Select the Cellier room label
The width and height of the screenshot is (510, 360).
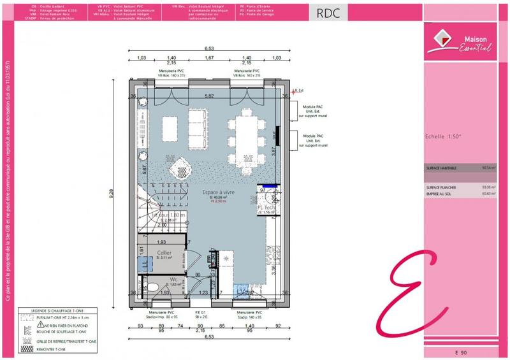click(x=164, y=254)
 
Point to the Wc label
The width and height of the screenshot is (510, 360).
click(x=173, y=279)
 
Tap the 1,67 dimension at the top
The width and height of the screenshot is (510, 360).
click(x=208, y=58)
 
